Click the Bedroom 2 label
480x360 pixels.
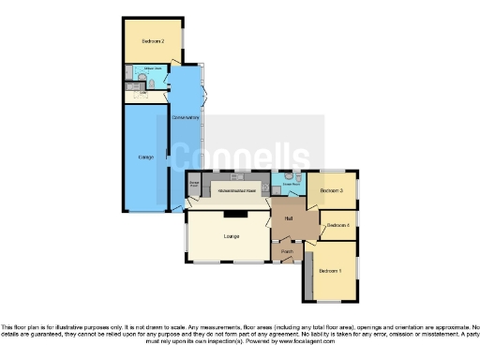point(154,42)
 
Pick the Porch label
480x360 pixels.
point(287,250)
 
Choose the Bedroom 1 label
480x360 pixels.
point(329,271)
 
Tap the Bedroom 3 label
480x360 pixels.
point(331,191)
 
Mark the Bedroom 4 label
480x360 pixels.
point(337,226)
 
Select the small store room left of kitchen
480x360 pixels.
point(194,186)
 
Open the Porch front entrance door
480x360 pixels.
point(286,262)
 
